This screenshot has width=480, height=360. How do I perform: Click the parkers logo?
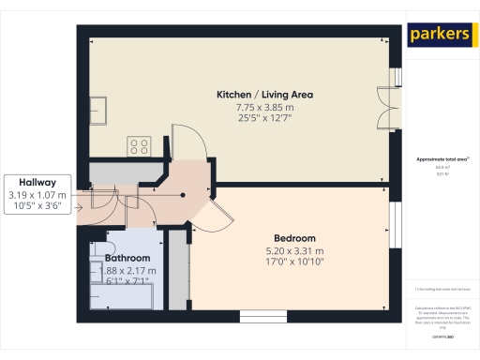click(x=440, y=35)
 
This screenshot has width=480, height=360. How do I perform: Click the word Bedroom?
click(x=294, y=237)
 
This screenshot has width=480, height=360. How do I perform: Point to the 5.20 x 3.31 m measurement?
click(x=294, y=250)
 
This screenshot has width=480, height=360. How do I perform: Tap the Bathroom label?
click(x=127, y=258)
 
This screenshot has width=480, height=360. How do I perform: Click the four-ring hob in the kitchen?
click(x=140, y=145)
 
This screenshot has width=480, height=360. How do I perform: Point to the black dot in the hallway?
click(x=183, y=195)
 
